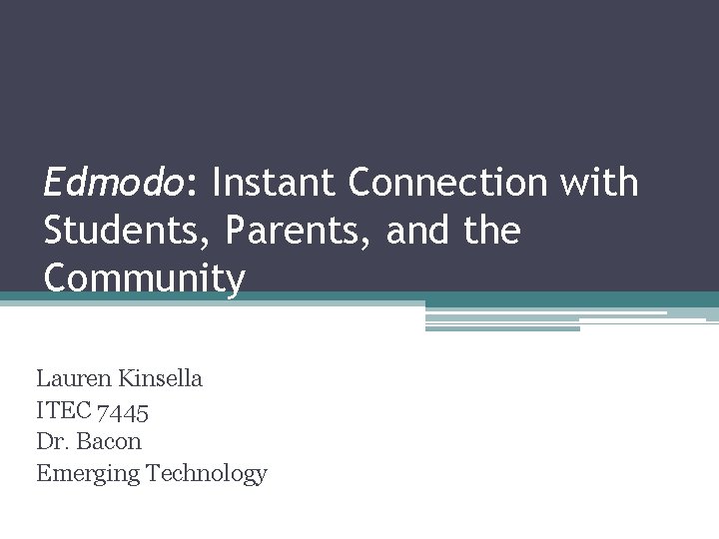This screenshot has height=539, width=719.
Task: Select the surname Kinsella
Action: click(x=159, y=378)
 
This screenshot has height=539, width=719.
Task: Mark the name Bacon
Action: click(x=109, y=441)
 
